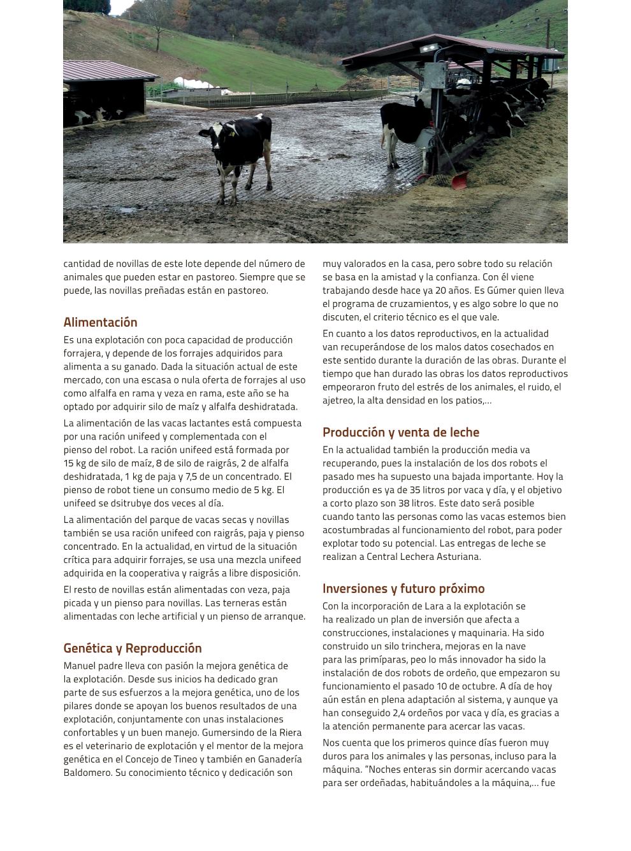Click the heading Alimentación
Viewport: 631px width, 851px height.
[x=100, y=322]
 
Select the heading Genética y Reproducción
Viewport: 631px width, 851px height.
[x=132, y=648]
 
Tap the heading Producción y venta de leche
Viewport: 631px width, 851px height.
[x=400, y=433]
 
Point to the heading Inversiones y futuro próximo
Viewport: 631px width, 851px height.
[x=403, y=589]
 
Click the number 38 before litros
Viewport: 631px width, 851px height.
[x=404, y=503]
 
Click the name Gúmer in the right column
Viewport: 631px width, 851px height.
[x=506, y=290]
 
